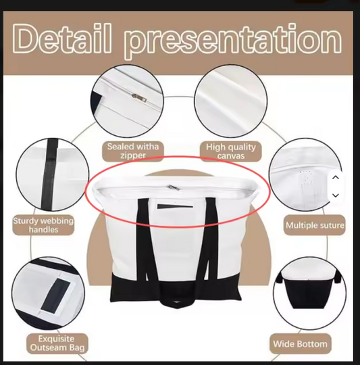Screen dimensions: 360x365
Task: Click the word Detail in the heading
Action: (x=61, y=39)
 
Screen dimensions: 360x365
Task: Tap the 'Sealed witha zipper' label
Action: (x=133, y=151)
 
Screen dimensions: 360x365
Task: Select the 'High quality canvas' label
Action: (x=231, y=151)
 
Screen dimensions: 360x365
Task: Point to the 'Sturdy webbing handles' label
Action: (x=43, y=225)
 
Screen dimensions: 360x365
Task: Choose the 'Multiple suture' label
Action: (x=315, y=225)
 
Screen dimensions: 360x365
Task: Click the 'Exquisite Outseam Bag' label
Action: (x=57, y=343)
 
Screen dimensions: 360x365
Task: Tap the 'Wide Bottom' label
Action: (x=301, y=344)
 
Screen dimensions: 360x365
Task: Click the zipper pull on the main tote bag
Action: (x=174, y=187)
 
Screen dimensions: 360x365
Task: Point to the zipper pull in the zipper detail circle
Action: (x=139, y=97)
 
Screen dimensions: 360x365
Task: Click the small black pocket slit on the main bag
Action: (x=175, y=206)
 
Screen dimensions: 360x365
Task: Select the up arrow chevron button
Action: (x=336, y=178)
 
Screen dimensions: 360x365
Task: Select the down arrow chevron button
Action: (x=336, y=195)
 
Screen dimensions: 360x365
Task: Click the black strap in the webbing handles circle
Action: (x=49, y=174)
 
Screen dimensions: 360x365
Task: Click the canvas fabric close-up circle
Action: (x=231, y=101)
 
